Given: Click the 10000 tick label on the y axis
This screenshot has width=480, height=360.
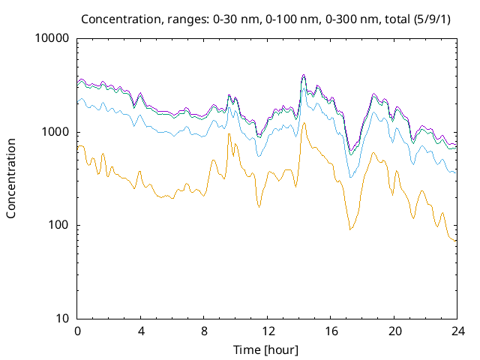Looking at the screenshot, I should point(52,39).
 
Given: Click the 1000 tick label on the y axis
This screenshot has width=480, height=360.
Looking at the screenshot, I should point(55,132).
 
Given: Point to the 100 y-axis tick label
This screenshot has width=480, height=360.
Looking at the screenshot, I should point(58,225).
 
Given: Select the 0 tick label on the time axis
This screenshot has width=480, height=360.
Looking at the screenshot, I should point(77,331).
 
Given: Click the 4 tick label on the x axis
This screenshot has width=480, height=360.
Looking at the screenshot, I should point(141,331).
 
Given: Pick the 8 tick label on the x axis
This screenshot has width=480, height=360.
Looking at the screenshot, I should point(204,331).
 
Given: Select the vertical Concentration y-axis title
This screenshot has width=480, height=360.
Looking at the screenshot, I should point(11,178).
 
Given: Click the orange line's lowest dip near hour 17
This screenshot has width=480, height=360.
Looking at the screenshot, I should point(349,229).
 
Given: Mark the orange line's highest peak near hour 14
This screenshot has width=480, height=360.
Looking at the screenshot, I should point(303,123).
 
